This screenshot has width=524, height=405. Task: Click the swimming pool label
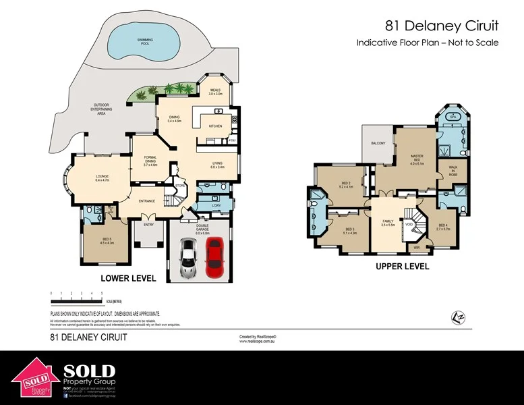(142, 41)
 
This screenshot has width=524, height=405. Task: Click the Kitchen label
(215, 126)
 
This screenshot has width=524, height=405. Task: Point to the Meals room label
(215, 92)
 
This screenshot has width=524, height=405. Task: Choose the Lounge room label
(103, 179)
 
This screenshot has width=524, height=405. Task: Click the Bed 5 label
(107, 241)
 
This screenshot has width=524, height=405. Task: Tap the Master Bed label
(417, 159)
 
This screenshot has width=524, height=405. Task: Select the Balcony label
(378, 144)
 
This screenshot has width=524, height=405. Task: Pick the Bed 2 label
(345, 185)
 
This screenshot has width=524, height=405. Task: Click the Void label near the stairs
(409, 225)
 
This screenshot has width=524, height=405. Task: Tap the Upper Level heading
(402, 267)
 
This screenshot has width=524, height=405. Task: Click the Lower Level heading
(128, 278)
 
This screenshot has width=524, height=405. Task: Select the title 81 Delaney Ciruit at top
(442, 26)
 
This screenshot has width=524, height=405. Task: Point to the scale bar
(76, 294)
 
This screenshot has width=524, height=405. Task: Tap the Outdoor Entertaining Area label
(92, 110)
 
